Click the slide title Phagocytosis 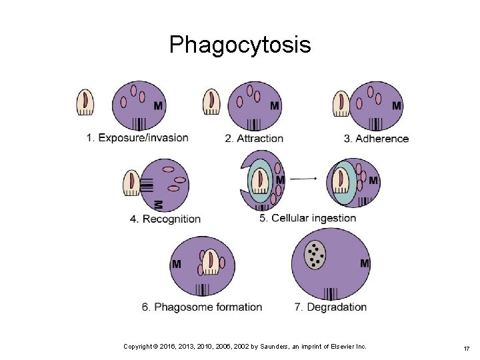(x=240, y=45)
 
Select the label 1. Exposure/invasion (x=137, y=138)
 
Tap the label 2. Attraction (x=254, y=139)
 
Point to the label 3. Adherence (x=376, y=139)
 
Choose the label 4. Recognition (x=165, y=219)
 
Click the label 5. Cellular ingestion (x=308, y=218)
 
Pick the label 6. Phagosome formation (x=202, y=307)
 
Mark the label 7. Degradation (x=331, y=307)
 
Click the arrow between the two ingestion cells (x=305, y=179)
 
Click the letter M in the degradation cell (x=365, y=264)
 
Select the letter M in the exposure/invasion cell (x=158, y=106)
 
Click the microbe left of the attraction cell (x=212, y=103)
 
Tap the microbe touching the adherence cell (x=341, y=103)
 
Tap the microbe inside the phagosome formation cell (x=211, y=262)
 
